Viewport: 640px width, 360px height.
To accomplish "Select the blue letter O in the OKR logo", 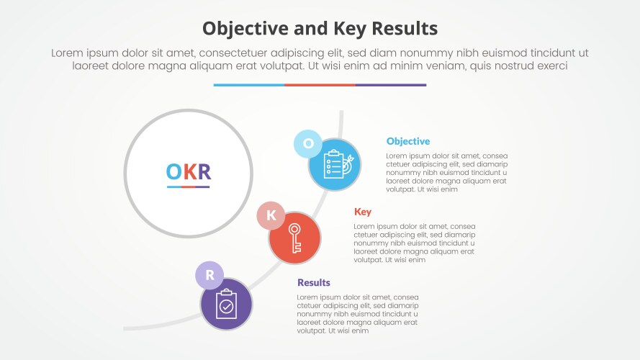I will [173, 171].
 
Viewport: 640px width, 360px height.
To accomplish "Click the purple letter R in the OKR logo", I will [204, 171].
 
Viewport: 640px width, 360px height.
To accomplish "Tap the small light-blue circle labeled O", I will [307, 143].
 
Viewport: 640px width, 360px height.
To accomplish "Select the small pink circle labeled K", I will [271, 215].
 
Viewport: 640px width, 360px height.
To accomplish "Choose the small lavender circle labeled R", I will [209, 275].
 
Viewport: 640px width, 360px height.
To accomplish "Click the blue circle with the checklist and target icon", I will [335, 164].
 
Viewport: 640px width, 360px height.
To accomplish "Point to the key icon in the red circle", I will [294, 238].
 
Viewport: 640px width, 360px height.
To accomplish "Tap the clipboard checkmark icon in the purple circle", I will [226, 304].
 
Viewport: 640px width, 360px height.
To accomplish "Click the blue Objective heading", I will [407, 141].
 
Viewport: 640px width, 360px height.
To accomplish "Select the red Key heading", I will [362, 212].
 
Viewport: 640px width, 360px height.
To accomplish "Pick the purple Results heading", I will [313, 282].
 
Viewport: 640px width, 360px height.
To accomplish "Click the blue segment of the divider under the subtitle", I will [248, 85].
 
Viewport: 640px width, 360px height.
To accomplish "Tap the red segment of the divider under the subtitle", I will [320, 85].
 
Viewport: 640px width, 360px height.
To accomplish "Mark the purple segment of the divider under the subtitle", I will [390, 85].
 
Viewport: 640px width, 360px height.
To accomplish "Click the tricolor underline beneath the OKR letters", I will [189, 186].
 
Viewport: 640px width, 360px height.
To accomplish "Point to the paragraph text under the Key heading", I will [414, 243].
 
